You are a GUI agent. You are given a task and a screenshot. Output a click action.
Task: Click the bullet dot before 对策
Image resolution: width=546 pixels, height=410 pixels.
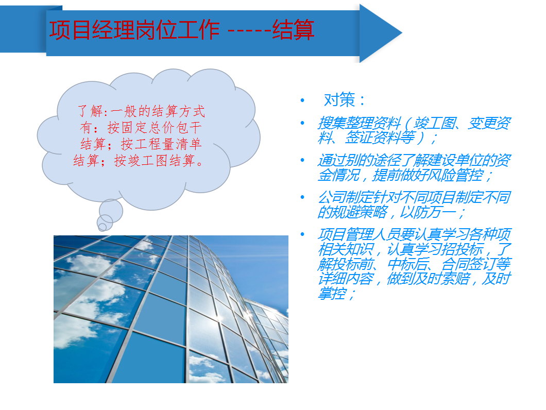pyautogui.click(x=302, y=100)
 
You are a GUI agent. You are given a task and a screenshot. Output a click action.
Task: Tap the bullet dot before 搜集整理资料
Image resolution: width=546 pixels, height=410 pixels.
pyautogui.click(x=302, y=123)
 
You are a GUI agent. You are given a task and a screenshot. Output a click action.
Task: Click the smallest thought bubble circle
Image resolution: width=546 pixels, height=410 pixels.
pyautogui.click(x=103, y=227)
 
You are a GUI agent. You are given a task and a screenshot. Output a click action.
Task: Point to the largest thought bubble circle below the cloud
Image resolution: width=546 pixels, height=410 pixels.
pyautogui.click(x=111, y=211)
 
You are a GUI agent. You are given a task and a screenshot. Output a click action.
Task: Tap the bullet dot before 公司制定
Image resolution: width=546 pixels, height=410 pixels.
pyautogui.click(x=302, y=197)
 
